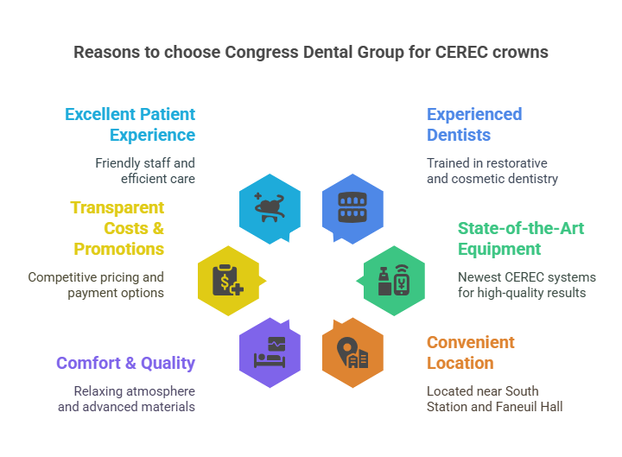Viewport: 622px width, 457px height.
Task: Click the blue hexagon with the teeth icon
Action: (352, 208)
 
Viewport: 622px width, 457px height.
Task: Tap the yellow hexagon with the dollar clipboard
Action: (229, 281)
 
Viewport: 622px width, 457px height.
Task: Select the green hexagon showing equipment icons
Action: (394, 281)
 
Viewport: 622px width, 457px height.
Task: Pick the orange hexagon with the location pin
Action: (352, 352)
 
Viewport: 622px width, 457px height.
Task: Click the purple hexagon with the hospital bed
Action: (270, 352)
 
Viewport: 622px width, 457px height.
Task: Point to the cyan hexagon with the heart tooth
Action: (270, 208)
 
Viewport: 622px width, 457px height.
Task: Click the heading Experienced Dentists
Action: (474, 124)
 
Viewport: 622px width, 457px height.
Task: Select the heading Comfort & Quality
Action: (126, 363)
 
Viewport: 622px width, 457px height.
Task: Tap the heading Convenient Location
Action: (471, 352)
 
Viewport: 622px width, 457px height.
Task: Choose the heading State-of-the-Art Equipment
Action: (521, 238)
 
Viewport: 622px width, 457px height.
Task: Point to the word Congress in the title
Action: (262, 53)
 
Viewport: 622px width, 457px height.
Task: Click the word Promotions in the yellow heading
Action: (119, 249)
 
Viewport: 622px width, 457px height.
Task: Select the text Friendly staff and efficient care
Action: (145, 171)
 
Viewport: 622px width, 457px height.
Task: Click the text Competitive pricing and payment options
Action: (96, 285)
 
